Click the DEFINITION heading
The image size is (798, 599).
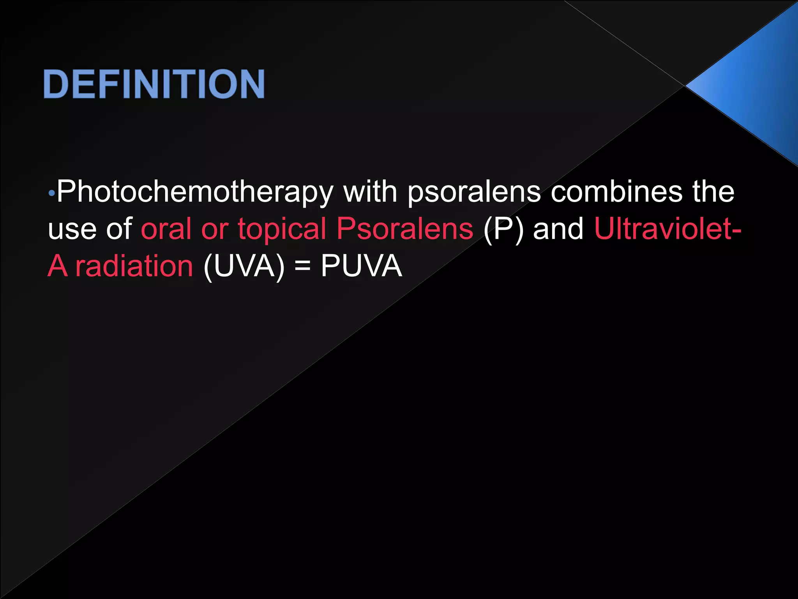click(154, 84)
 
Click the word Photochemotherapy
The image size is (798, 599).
click(195, 192)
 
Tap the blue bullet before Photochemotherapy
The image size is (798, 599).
click(52, 193)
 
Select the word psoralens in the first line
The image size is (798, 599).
click(474, 192)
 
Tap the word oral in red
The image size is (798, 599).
click(166, 229)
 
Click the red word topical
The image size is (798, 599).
click(282, 229)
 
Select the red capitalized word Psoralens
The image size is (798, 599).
click(405, 229)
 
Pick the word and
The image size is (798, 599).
click(558, 229)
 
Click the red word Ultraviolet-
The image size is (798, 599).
click(667, 229)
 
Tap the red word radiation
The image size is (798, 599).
click(134, 266)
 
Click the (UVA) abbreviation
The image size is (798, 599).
click(244, 267)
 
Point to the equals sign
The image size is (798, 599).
click(303, 267)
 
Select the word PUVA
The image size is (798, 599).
click(361, 266)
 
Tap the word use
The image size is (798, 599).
click(72, 229)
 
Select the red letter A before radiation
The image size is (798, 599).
click(57, 266)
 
